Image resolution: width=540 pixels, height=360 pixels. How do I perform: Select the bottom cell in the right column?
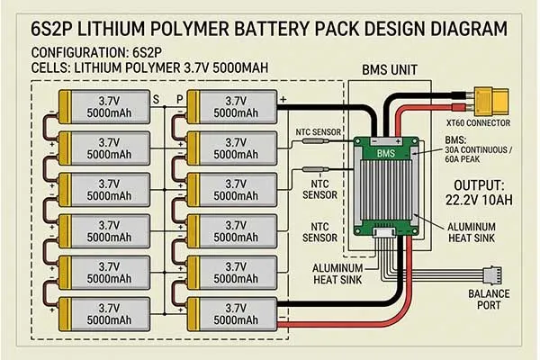[233, 311]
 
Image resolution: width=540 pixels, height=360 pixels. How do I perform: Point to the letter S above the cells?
[156, 99]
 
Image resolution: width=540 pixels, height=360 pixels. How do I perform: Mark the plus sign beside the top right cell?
[283, 98]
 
